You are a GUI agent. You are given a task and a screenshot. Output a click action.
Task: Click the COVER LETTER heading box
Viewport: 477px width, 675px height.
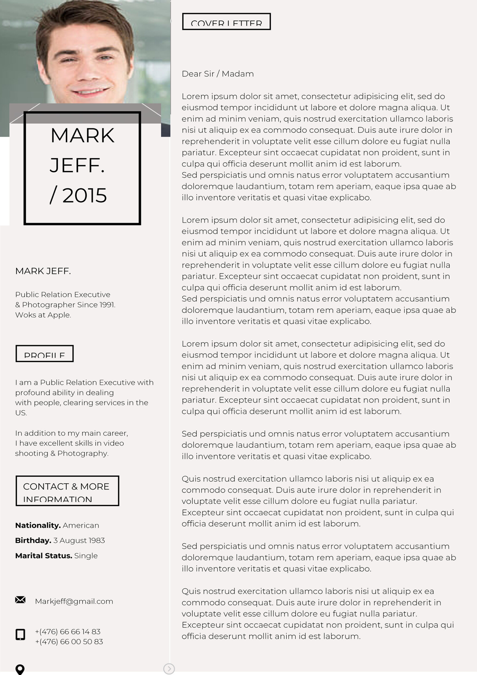tap(226, 21)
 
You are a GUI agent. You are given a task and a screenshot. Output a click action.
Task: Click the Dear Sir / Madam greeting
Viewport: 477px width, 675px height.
tap(217, 74)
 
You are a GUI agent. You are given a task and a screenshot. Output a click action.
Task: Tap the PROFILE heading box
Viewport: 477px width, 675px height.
tap(44, 353)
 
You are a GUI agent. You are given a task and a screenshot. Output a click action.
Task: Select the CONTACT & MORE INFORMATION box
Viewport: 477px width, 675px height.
tap(67, 491)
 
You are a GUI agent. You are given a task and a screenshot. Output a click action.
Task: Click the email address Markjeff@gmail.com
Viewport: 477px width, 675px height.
tap(74, 601)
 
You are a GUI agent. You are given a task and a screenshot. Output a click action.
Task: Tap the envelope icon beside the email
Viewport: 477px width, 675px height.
tap(20, 600)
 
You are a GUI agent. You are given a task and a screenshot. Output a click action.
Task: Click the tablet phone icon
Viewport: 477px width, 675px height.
tap(20, 634)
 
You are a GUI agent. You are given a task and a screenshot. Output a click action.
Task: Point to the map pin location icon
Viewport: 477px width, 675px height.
tap(20, 669)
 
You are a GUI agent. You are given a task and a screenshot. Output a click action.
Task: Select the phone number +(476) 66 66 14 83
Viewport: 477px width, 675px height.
tap(68, 631)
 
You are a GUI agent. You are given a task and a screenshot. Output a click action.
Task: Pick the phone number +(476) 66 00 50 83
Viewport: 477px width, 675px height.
tap(69, 642)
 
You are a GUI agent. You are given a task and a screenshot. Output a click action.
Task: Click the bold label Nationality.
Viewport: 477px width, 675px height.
tap(38, 525)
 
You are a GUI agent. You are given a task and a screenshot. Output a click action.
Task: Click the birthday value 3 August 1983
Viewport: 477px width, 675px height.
tap(79, 540)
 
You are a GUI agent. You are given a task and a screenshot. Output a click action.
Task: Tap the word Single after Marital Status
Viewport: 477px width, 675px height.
tap(86, 556)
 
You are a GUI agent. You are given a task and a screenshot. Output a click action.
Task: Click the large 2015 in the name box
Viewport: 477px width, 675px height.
tap(84, 195)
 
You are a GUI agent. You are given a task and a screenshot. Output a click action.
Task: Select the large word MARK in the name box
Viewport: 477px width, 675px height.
tap(82, 136)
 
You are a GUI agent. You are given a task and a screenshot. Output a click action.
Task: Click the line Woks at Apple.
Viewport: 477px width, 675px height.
tap(43, 315)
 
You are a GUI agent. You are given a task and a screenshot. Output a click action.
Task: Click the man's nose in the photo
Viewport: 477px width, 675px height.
tap(88, 71)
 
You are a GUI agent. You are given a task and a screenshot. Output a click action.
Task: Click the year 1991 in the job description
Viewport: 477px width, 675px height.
tap(107, 305)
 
